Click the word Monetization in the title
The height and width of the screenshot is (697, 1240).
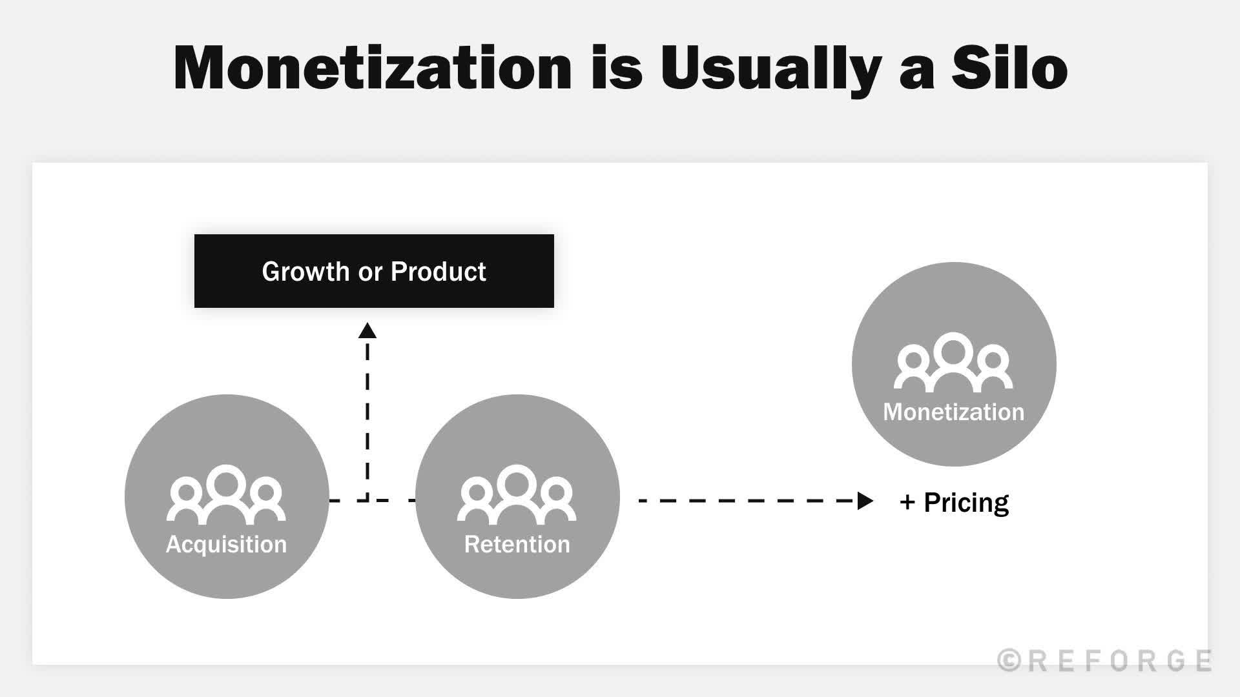pos(373,68)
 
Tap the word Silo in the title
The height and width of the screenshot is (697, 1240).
pos(1009,68)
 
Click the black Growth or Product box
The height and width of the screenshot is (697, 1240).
pos(374,271)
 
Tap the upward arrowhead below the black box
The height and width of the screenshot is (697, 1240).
pos(367,331)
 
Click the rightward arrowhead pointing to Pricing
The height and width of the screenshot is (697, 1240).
pos(865,501)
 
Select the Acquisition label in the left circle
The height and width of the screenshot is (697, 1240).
pos(227,544)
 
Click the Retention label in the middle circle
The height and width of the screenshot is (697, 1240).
pos(517,544)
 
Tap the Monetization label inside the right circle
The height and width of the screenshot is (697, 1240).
pos(953,412)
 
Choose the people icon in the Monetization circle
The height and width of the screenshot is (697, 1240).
pos(953,362)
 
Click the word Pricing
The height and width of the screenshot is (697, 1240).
pos(966,502)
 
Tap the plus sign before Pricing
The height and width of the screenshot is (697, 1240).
pos(907,502)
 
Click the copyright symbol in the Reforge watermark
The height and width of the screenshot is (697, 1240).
pos(1009,661)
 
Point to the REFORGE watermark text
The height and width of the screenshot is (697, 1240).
pos(1120,661)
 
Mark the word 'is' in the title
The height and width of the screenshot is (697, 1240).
pos(616,68)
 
